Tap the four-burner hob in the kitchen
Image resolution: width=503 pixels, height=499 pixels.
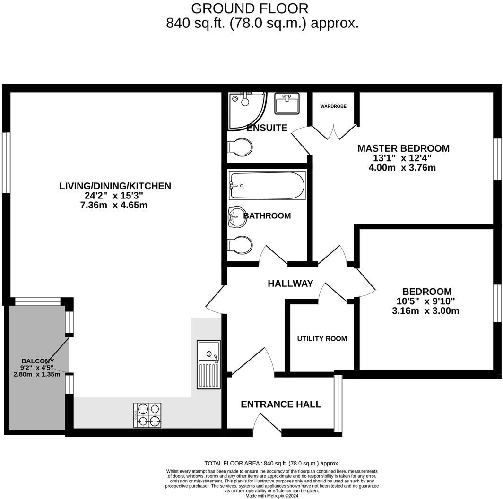pyautogui.click(x=147, y=415)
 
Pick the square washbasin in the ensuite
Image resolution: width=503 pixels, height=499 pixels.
pyautogui.click(x=287, y=103)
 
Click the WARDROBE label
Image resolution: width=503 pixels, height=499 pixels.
pyautogui.click(x=333, y=106)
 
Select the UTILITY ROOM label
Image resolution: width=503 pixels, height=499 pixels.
pyautogui.click(x=322, y=339)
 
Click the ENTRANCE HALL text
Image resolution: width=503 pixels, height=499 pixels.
pyautogui.click(x=281, y=404)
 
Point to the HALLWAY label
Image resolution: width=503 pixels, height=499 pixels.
pyautogui.click(x=290, y=284)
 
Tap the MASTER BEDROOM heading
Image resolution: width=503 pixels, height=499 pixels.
pyautogui.click(x=403, y=148)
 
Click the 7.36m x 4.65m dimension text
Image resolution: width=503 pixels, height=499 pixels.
pyautogui.click(x=115, y=206)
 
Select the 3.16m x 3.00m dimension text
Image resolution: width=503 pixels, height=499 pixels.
pyautogui.click(x=426, y=311)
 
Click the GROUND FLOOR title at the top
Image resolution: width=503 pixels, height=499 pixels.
pyautogui.click(x=250, y=9)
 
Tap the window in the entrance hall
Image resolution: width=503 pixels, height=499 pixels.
pyautogui.click(x=338, y=404)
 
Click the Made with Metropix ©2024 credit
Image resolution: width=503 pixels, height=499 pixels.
pyautogui.click(x=272, y=496)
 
